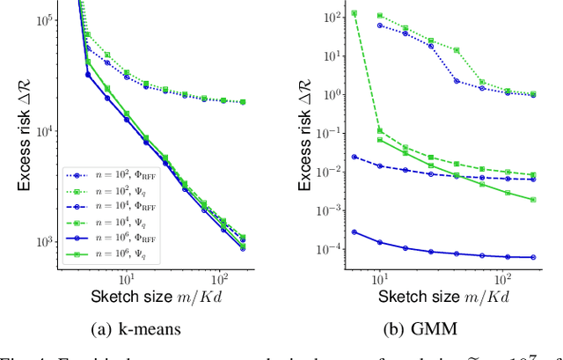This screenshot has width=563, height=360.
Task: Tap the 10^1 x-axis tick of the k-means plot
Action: point(127,282)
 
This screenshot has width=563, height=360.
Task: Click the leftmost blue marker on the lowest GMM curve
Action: point(354,231)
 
